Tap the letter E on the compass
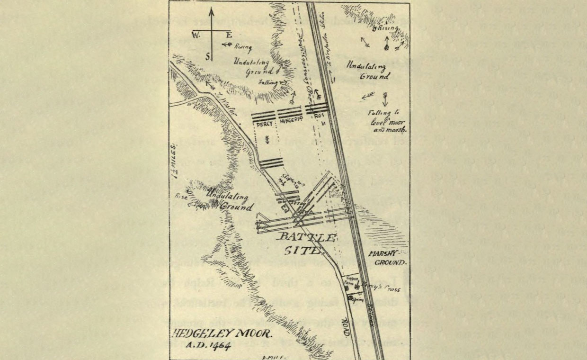coord(229,35)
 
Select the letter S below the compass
coord(206,55)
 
